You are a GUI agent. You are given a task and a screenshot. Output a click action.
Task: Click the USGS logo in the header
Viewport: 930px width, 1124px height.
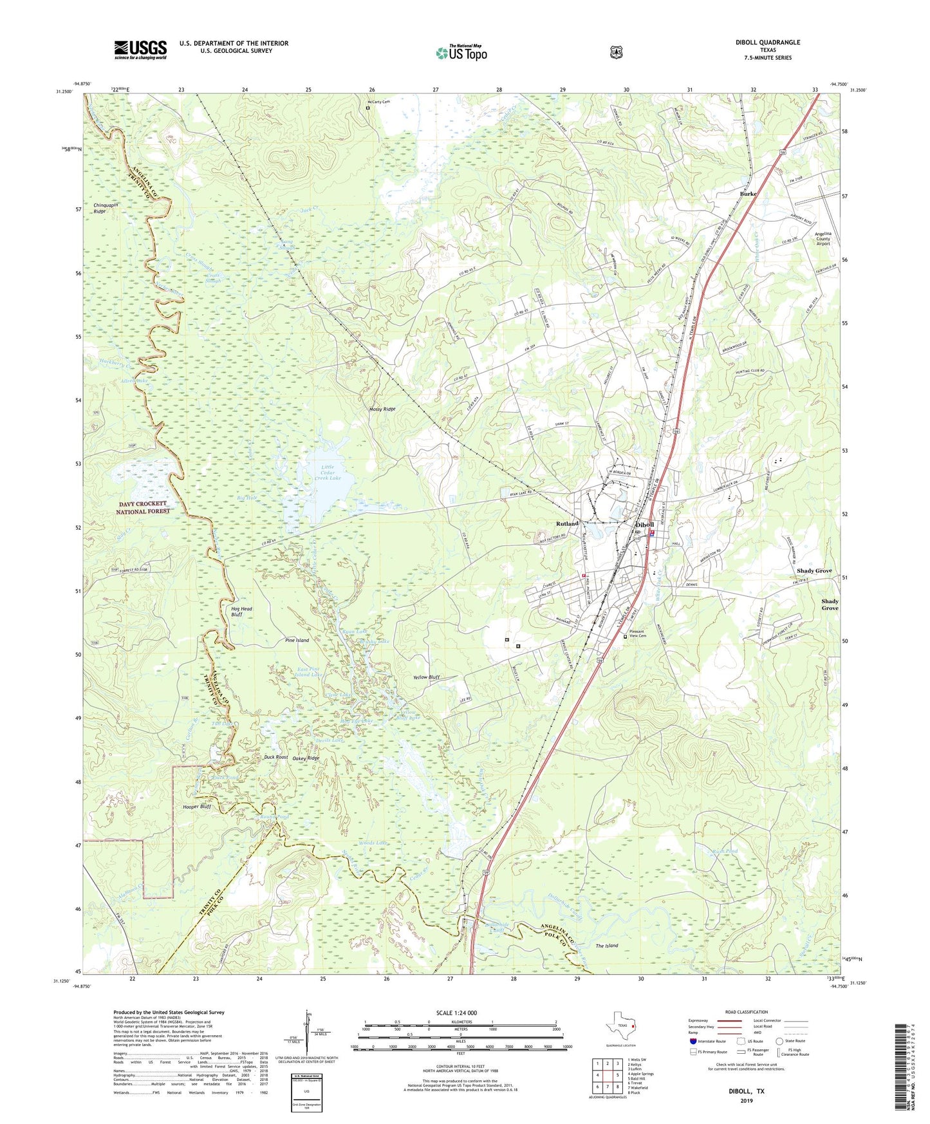(140, 50)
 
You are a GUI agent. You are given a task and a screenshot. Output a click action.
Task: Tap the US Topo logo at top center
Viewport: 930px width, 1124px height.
(461, 53)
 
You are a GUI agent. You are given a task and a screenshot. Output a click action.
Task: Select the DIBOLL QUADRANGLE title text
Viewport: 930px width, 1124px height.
(768, 42)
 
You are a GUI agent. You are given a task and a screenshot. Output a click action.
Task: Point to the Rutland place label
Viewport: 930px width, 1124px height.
(567, 523)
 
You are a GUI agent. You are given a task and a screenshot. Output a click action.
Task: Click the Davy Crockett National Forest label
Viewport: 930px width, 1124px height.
(143, 507)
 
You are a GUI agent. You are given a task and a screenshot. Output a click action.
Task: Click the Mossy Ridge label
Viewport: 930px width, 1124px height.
(382, 409)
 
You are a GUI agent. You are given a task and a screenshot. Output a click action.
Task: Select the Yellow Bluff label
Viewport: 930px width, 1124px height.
(426, 677)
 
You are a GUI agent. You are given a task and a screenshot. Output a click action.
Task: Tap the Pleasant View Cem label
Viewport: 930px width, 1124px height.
(640, 633)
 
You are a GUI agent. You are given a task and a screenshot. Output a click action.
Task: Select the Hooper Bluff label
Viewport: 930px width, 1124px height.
(196, 807)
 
